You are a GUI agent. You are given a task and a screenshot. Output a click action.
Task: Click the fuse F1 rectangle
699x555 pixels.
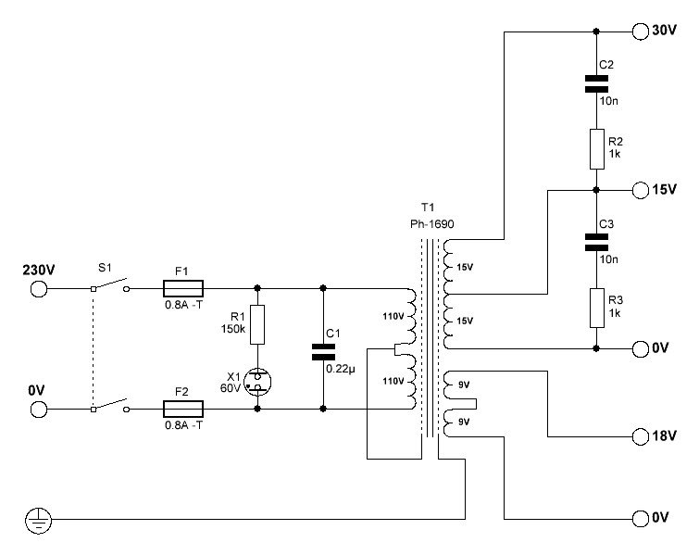(183, 289)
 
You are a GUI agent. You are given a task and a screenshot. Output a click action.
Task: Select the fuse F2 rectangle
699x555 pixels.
(183, 410)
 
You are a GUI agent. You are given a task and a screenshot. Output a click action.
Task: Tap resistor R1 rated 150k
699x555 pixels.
(257, 325)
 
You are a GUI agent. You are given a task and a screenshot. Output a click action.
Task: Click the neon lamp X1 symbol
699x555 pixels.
(257, 382)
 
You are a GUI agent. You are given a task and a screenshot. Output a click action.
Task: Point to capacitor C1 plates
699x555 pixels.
(323, 351)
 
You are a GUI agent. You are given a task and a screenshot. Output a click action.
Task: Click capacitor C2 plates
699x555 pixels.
(596, 83)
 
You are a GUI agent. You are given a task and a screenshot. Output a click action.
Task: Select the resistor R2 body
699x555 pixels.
(597, 149)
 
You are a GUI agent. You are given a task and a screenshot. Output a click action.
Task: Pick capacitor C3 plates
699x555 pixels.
(596, 242)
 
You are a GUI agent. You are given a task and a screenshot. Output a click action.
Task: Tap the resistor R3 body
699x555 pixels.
(597, 308)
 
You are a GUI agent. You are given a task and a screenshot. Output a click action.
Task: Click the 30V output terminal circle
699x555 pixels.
(641, 32)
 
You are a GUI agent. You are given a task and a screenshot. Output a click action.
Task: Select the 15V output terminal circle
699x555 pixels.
(641, 191)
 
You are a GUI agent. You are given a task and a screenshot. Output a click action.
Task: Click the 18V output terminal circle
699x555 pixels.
(641, 436)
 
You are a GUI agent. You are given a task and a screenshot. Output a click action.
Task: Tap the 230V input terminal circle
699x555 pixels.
(39, 289)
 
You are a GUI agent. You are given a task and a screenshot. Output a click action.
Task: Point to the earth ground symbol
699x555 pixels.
(38, 520)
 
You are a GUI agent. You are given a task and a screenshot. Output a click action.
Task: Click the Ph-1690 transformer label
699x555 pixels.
(432, 224)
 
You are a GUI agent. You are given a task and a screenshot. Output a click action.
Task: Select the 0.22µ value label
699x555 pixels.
(341, 369)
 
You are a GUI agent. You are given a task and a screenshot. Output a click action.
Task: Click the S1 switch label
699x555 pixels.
(105, 268)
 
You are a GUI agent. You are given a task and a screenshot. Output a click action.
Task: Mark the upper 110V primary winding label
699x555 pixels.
(393, 316)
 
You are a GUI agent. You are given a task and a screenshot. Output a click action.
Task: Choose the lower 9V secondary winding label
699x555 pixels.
(464, 422)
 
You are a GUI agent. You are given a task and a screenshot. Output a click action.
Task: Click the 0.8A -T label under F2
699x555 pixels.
(183, 425)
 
